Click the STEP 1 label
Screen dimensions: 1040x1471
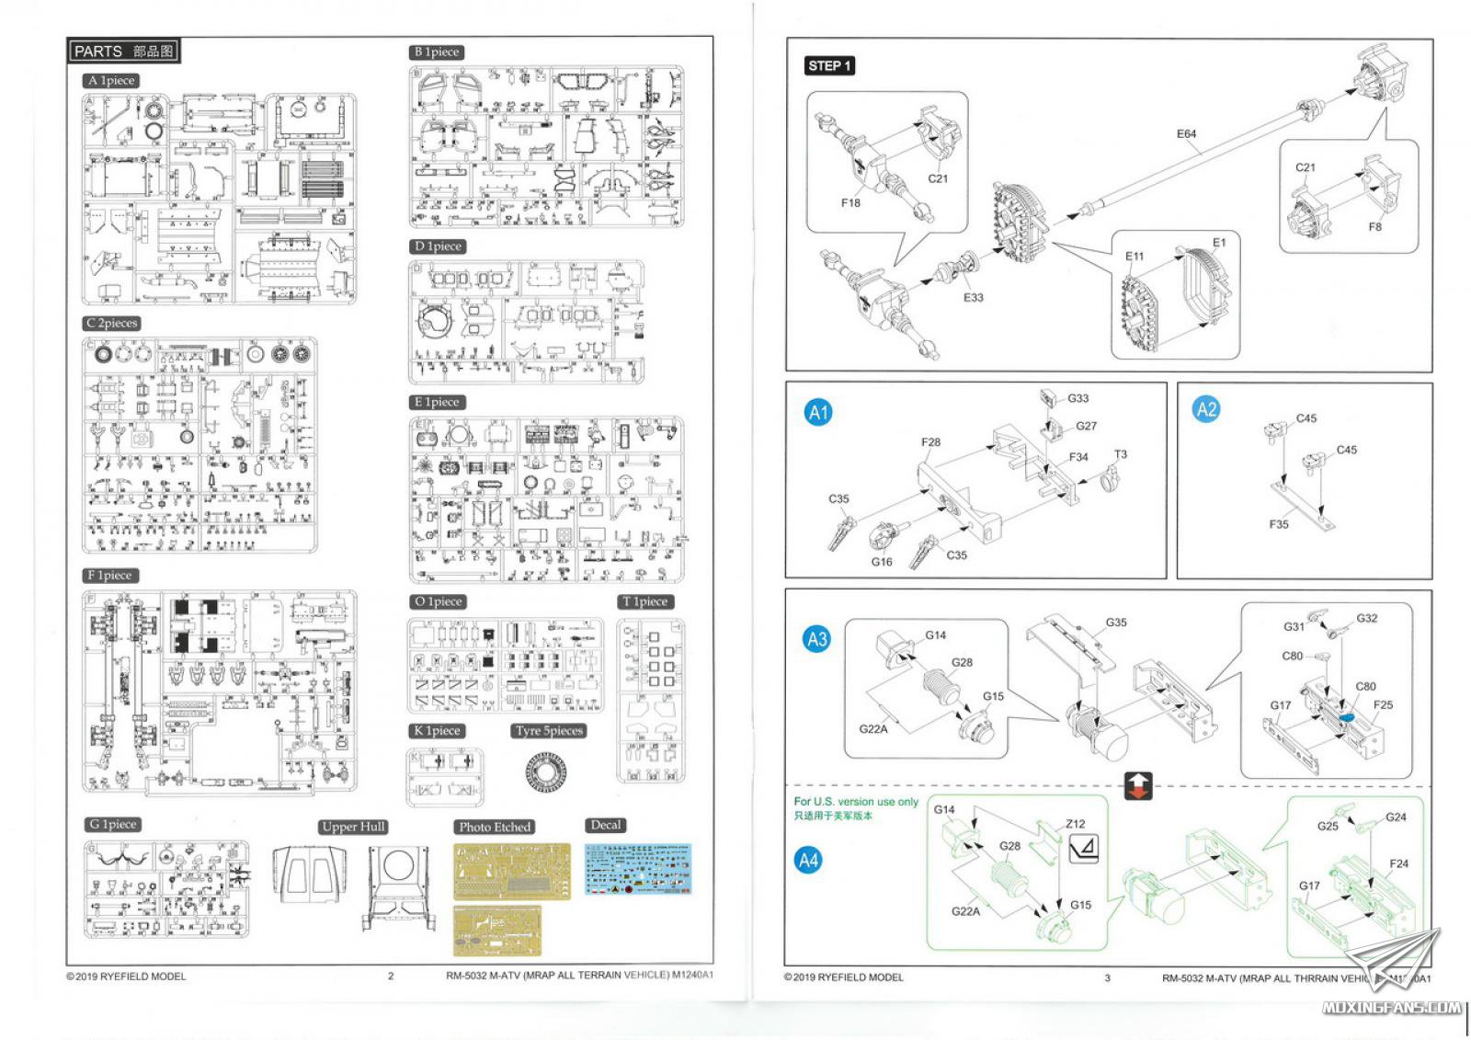click(829, 65)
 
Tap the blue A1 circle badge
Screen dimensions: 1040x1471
click(818, 413)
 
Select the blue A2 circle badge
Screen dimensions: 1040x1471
click(1206, 410)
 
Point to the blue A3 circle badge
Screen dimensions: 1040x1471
click(816, 639)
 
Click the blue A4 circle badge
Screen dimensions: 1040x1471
click(808, 861)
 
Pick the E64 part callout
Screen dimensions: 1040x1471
click(1186, 134)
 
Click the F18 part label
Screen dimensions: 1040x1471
click(850, 203)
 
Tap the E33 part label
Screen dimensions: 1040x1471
click(973, 298)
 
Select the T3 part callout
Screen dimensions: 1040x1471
click(1120, 454)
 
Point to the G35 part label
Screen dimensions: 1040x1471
click(1116, 623)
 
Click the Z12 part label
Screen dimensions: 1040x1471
click(1075, 824)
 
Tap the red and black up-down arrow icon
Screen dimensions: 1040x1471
click(1138, 786)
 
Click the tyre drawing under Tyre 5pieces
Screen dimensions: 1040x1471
click(550, 772)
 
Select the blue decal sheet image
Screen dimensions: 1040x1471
click(637, 869)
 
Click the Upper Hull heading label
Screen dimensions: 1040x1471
click(353, 827)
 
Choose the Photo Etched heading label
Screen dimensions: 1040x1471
click(495, 827)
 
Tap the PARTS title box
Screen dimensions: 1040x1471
click(124, 51)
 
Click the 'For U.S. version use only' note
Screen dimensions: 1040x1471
click(856, 802)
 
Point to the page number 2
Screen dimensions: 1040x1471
click(391, 976)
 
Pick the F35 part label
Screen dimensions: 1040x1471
click(1279, 524)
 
